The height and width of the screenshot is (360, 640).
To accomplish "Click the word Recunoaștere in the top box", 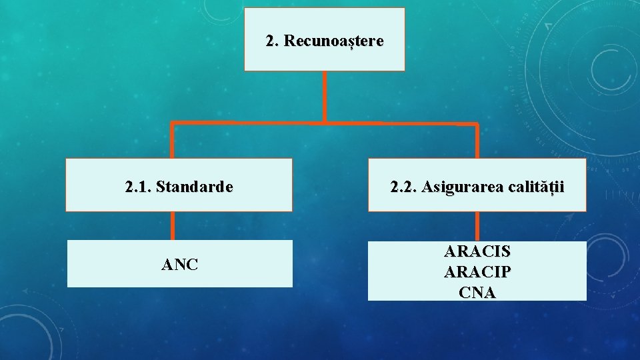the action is tap(333, 41).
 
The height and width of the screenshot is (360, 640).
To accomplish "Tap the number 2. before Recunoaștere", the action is tap(273, 41).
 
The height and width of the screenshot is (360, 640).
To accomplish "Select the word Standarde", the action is tap(195, 187).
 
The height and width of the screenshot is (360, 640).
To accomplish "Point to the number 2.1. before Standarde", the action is tap(138, 187).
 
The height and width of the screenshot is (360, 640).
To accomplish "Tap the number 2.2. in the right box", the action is tap(405, 187).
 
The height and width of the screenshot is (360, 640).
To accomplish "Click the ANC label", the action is tap(179, 265).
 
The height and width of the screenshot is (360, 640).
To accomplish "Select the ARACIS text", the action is tap(477, 251).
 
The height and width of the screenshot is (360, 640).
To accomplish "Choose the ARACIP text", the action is tap(477, 272).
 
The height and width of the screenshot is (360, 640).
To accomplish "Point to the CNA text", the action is tap(477, 292).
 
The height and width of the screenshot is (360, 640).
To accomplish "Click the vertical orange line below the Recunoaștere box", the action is tap(325, 97).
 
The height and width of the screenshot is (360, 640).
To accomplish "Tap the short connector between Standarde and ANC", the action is tap(173, 226).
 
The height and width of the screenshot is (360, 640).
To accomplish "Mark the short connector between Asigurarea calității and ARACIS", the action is tap(477, 226).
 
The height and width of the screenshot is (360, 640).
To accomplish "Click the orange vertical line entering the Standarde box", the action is tap(173, 141).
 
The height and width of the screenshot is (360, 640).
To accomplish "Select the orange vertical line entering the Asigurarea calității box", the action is tap(477, 141).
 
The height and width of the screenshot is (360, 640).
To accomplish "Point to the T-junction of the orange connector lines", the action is tap(325, 123).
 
